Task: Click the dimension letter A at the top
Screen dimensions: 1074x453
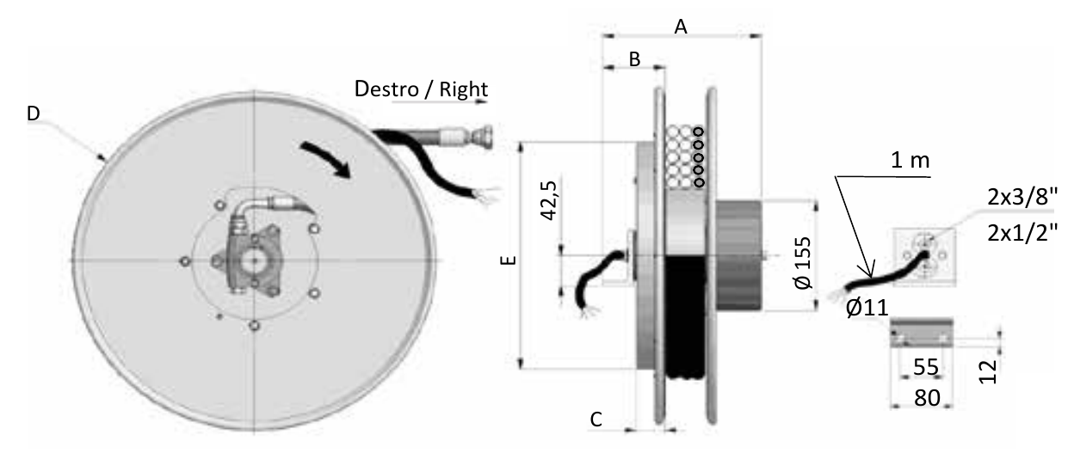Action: tap(681, 27)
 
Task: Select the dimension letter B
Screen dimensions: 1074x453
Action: tap(634, 59)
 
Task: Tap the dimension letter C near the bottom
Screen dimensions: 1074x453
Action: tap(596, 419)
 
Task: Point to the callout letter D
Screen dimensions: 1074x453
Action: tap(34, 113)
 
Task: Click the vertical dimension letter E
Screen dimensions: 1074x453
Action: tap(509, 260)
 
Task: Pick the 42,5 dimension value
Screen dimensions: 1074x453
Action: tap(549, 200)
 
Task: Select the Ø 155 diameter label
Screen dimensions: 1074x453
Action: tap(803, 262)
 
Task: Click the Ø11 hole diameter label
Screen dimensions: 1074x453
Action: tap(867, 307)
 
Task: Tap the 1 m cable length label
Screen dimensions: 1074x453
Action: tap(910, 160)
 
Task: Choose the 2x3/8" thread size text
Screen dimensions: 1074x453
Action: tap(1022, 196)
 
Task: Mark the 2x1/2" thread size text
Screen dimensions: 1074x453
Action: tap(1022, 233)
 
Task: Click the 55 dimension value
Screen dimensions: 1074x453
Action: tap(925, 367)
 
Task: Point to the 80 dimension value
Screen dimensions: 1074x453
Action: tap(927, 398)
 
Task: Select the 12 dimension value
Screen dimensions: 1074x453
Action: tap(988, 371)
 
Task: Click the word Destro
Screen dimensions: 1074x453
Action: tap(386, 89)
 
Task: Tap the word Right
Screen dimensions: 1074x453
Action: tap(463, 90)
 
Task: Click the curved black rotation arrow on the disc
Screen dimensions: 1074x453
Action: tap(326, 158)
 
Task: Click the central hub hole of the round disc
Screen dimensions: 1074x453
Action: tap(255, 260)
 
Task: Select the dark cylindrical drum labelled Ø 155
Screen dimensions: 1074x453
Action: tap(738, 255)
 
